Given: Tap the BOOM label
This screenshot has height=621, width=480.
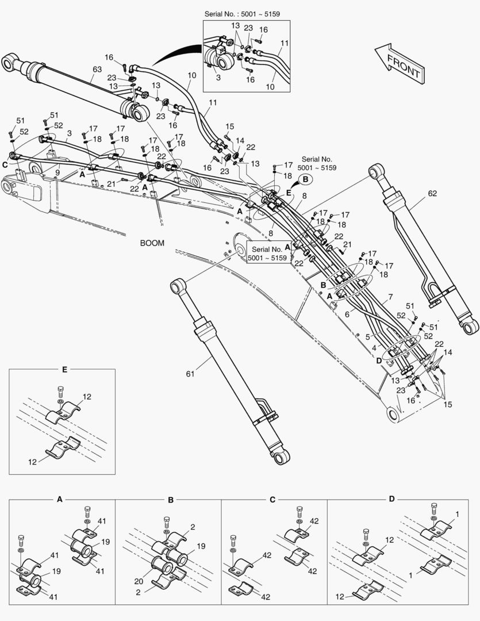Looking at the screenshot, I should [152, 243].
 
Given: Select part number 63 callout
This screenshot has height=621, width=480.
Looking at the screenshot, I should [97, 70].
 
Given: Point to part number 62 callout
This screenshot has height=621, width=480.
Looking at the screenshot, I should [432, 194].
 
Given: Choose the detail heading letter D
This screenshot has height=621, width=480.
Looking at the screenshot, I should [391, 499].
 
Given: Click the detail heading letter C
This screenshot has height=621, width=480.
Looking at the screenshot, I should [273, 499].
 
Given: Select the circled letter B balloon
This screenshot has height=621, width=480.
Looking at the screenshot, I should [305, 179].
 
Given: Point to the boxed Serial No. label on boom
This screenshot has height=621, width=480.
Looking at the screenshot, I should [267, 254].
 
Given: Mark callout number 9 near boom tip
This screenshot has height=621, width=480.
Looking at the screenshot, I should [57, 171].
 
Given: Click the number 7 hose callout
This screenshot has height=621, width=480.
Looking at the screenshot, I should [391, 297].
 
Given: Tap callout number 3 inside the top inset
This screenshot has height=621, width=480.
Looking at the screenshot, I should [218, 76].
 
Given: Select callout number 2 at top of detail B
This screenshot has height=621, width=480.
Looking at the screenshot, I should [193, 527].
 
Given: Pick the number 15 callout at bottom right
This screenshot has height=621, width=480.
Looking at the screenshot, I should [447, 405].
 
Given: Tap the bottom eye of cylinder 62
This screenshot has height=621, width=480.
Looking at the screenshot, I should [470, 327].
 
